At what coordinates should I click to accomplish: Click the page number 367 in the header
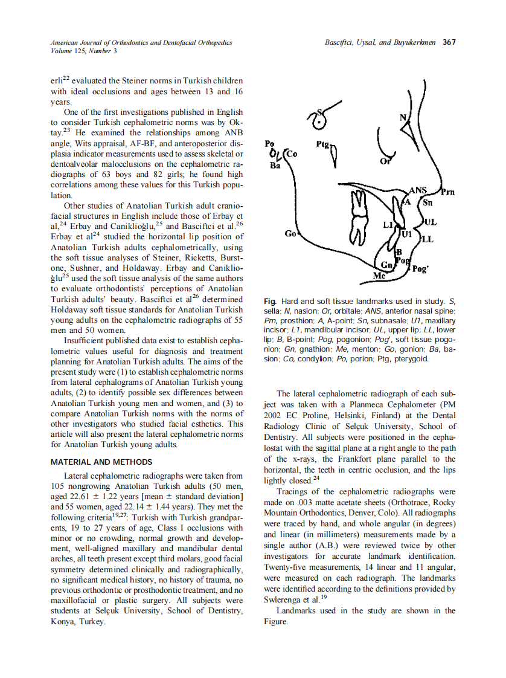coord(449,42)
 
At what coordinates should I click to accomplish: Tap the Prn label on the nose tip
coord(447,193)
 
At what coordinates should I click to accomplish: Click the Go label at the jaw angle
coord(290,233)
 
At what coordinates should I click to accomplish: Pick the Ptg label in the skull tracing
coord(322,145)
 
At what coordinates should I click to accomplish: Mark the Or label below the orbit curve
coord(385,161)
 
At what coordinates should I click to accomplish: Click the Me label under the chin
coord(379,276)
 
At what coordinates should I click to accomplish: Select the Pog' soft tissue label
coord(420,270)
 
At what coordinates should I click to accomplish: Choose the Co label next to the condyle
coord(291,153)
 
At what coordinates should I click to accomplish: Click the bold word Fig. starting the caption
coord(271,301)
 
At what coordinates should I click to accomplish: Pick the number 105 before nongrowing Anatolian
coord(58,486)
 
